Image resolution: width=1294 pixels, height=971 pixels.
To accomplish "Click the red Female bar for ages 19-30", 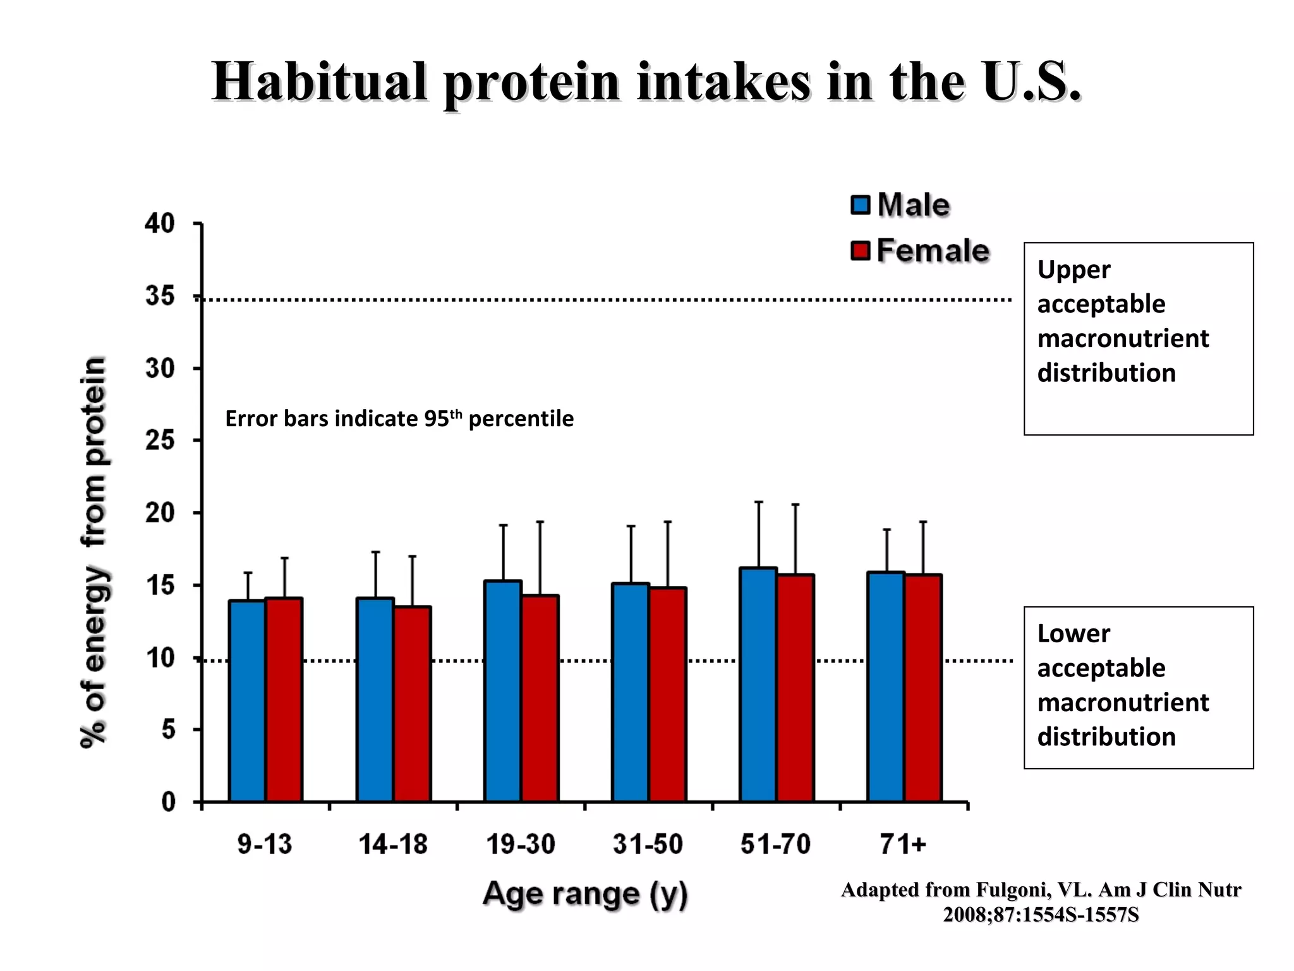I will pyautogui.click(x=540, y=698).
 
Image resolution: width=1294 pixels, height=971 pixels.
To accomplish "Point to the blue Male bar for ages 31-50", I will pyautogui.click(x=631, y=692).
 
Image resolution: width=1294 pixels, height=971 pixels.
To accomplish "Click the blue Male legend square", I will pyautogui.click(x=861, y=205).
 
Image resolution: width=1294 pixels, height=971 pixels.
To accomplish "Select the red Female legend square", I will pyautogui.click(x=861, y=250).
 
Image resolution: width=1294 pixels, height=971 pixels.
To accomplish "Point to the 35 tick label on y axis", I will pyautogui.click(x=160, y=296).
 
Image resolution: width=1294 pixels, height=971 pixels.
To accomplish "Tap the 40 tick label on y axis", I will pyautogui.click(x=160, y=223).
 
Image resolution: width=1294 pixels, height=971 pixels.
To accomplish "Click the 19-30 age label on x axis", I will pyautogui.click(x=521, y=844).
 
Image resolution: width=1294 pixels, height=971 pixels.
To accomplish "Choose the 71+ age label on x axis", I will pyautogui.click(x=903, y=844).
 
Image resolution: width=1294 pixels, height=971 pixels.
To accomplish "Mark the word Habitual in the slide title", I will pyautogui.click(x=320, y=82).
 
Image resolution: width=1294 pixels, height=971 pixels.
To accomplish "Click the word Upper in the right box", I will pyautogui.click(x=1073, y=270).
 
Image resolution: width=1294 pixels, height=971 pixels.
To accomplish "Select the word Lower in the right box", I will pyautogui.click(x=1073, y=633).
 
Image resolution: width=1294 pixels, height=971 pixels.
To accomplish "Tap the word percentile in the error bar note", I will pyautogui.click(x=521, y=418).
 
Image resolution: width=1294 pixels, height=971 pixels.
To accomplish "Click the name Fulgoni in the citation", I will pyautogui.click(x=1013, y=890).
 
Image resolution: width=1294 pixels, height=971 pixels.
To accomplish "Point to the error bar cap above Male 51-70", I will pyautogui.click(x=759, y=502).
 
